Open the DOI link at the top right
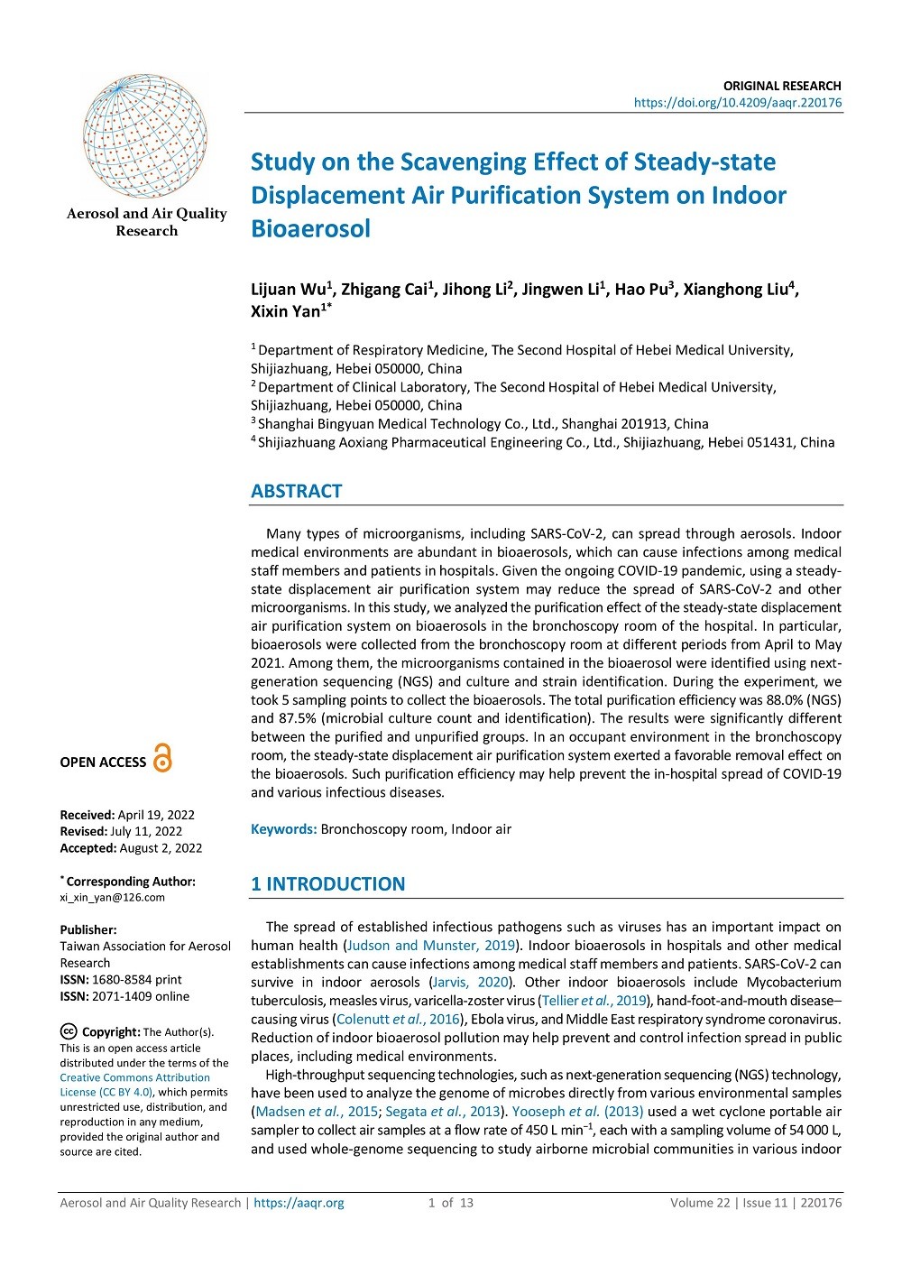(738, 103)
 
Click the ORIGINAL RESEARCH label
(782, 86)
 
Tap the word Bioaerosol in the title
(310, 229)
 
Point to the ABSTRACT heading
(297, 491)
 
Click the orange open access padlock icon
(162, 758)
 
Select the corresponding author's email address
(113, 897)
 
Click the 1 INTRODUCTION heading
(328, 884)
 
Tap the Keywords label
(283, 829)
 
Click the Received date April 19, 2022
(156, 815)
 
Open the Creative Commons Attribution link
(135, 1077)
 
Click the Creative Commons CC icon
(68, 1031)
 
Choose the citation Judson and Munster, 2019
(431, 946)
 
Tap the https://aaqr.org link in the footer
(299, 1203)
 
